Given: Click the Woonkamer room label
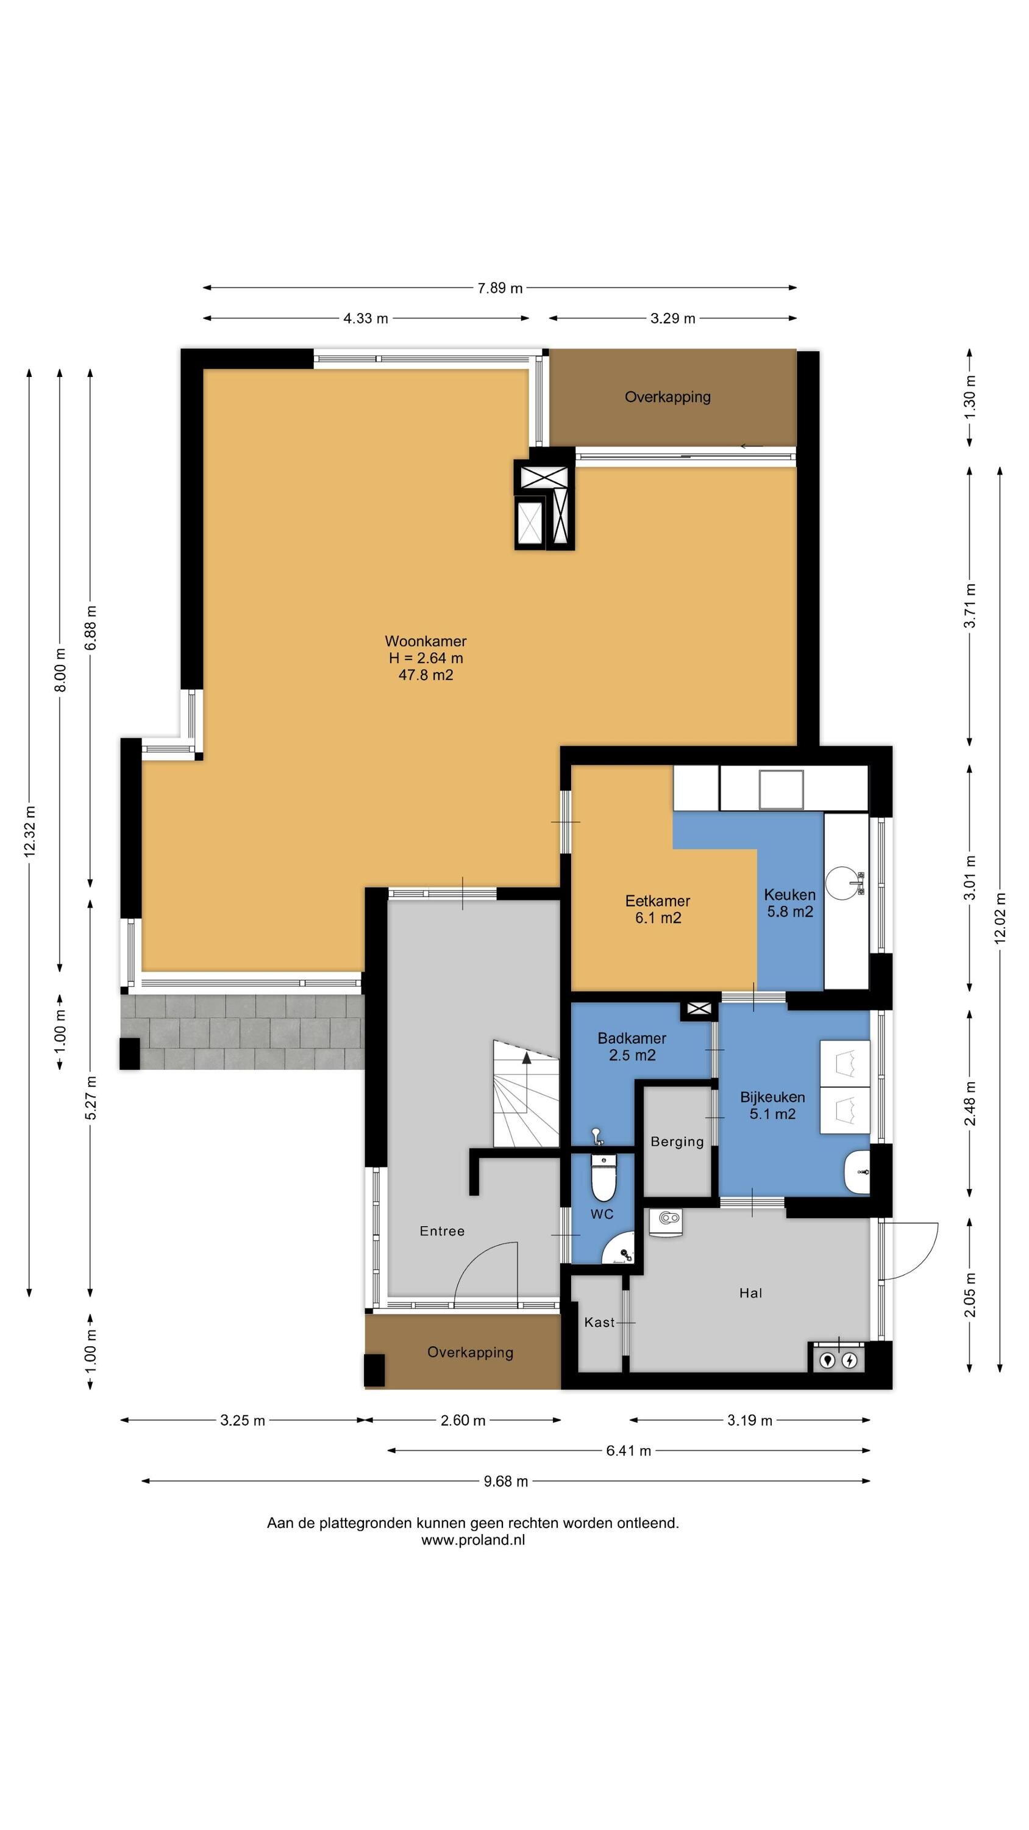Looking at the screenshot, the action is click(425, 640).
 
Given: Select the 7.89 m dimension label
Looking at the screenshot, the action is click(500, 288).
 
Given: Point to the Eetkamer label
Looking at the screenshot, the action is click(658, 900).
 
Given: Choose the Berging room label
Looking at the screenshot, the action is click(677, 1142).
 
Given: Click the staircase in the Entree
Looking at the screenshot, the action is click(526, 1093).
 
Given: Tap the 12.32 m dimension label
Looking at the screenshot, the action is click(30, 831).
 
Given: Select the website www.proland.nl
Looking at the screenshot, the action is click(473, 1540).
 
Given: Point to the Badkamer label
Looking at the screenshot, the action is click(632, 1038).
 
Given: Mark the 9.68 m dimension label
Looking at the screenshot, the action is click(505, 1481).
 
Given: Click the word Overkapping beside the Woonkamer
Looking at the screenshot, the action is click(668, 396).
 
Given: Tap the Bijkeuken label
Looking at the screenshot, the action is click(772, 1097).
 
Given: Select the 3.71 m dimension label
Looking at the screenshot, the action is click(970, 605).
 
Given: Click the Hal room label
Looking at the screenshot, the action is click(750, 1293).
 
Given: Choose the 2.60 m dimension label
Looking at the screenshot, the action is click(463, 1420).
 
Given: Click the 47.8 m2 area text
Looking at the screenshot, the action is click(425, 675).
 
